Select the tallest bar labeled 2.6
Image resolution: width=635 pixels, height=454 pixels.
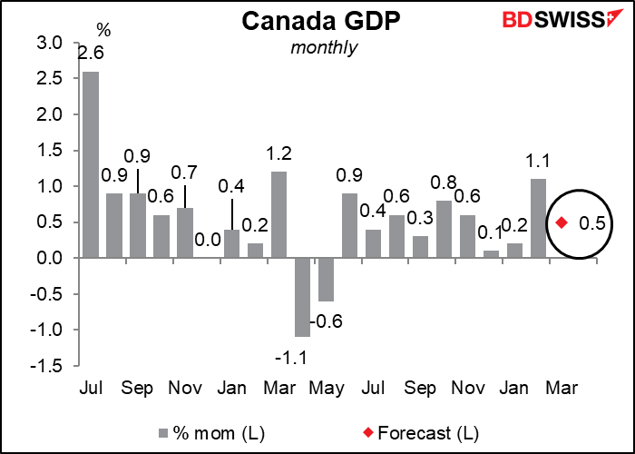(92, 164)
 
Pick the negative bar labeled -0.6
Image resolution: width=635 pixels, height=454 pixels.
(326, 280)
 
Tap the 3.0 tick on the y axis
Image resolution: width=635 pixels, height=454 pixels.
(50, 44)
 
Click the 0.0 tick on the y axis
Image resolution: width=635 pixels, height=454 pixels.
(50, 258)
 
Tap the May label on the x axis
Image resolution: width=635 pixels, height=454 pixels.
(326, 389)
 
